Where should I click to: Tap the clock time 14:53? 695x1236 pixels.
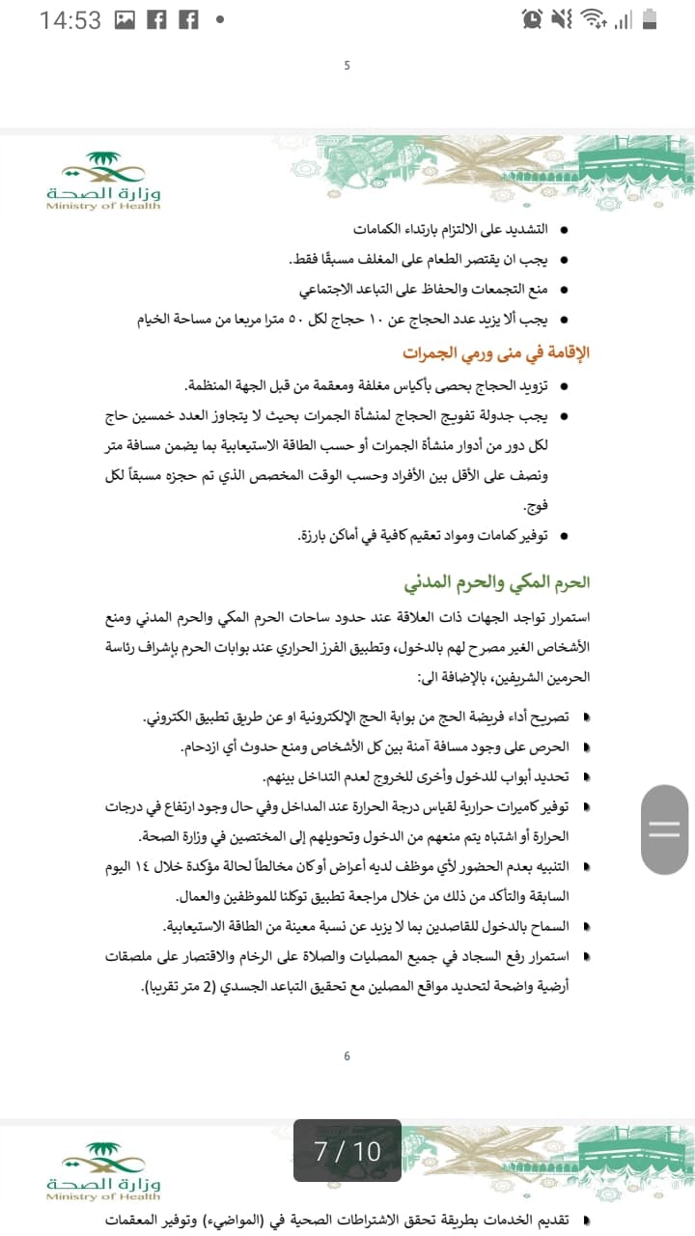[x=69, y=20]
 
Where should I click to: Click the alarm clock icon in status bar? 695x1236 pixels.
[x=531, y=19]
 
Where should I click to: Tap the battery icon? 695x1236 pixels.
[x=650, y=19]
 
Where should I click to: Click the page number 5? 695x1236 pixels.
[x=347, y=66]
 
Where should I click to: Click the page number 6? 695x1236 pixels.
[x=347, y=1056]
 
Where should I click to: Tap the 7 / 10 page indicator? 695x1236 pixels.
[x=347, y=1151]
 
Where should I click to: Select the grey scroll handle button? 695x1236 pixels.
[x=665, y=829]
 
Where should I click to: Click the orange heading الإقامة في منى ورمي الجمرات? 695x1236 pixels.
[x=495, y=352]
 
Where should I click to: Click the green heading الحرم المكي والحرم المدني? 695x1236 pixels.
[x=497, y=582]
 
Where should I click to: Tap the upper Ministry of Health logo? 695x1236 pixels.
[x=103, y=181]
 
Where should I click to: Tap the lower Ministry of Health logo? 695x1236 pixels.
[x=103, y=1171]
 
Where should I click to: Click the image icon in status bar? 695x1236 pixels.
[x=125, y=19]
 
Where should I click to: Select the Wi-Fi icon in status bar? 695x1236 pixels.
[x=594, y=19]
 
